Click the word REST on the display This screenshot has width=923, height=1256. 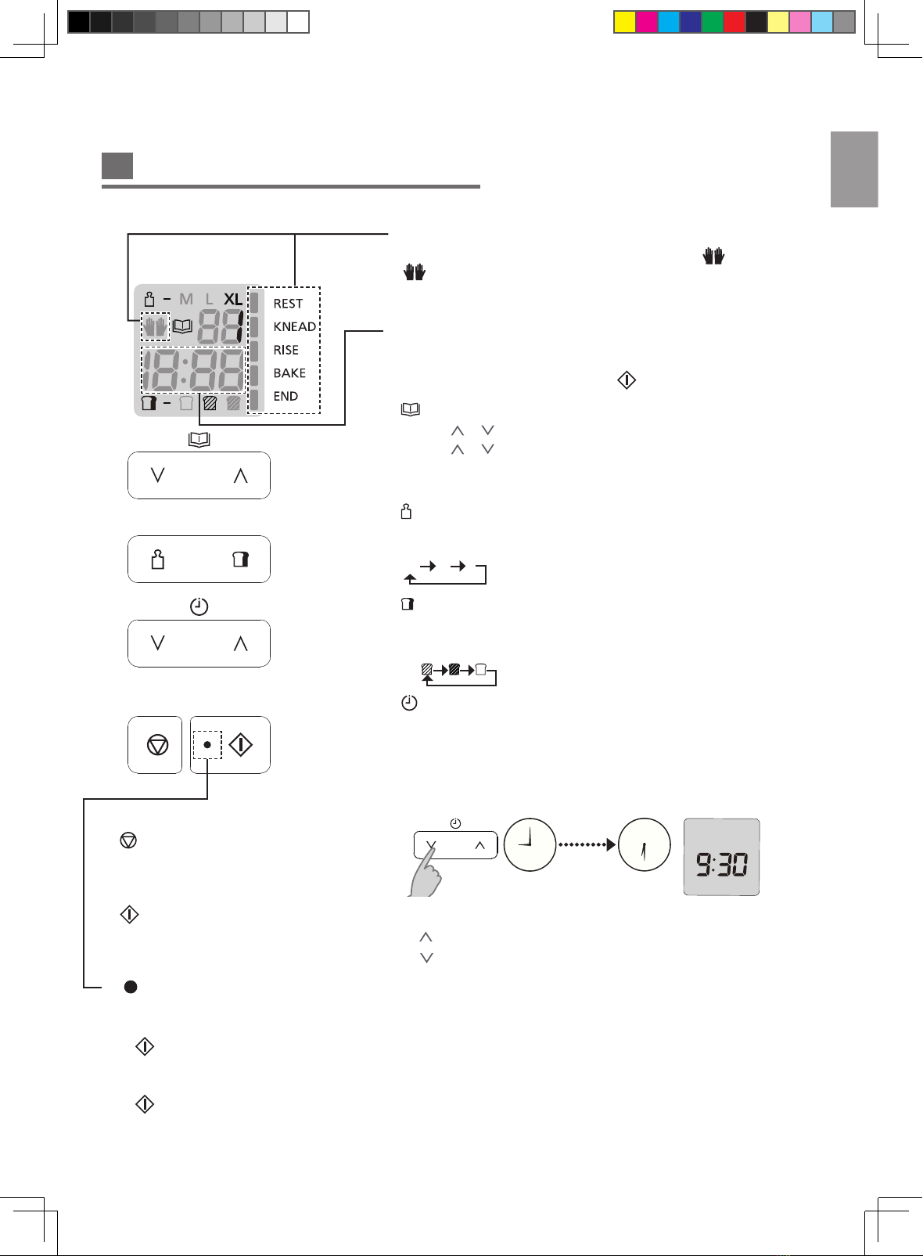pyautogui.click(x=288, y=304)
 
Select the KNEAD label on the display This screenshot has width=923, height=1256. pyautogui.click(x=294, y=326)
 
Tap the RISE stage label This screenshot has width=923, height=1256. pyautogui.click(x=286, y=350)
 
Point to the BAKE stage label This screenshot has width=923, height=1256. pyautogui.click(x=289, y=372)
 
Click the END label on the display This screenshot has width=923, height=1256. pyautogui.click(x=286, y=396)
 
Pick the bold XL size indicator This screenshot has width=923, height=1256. pyautogui.click(x=233, y=300)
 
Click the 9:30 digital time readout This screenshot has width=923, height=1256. pyautogui.click(x=722, y=864)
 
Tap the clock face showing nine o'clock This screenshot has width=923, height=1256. pyautogui.click(x=530, y=844)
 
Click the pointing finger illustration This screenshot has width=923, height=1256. pyautogui.click(x=426, y=871)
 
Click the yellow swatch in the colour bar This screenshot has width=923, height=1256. pyautogui.click(x=625, y=23)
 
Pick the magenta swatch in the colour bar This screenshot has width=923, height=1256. pyautogui.click(x=647, y=23)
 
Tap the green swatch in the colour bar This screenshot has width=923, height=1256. pyautogui.click(x=713, y=23)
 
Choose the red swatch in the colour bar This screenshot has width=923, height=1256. pyautogui.click(x=734, y=23)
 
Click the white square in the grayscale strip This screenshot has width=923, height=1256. pyautogui.click(x=297, y=23)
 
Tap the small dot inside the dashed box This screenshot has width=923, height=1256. pyautogui.click(x=207, y=745)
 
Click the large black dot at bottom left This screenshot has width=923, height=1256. pyautogui.click(x=131, y=987)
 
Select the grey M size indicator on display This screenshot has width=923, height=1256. pyautogui.click(x=186, y=300)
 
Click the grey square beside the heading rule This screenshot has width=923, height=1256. pyautogui.click(x=117, y=165)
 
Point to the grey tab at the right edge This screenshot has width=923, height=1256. pyautogui.click(x=854, y=169)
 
